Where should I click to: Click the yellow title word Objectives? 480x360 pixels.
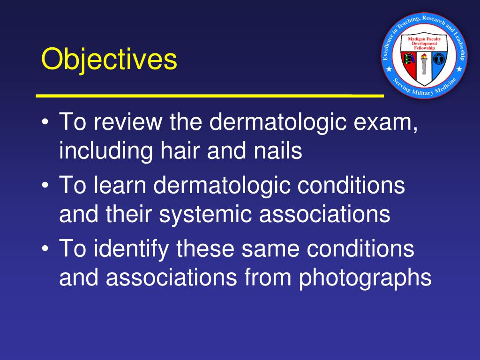(109, 60)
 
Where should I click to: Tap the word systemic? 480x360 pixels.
(206, 214)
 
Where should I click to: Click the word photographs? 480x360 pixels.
(365, 277)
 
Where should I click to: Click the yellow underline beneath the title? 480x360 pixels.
(210, 95)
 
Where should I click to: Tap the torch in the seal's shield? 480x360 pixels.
(424, 64)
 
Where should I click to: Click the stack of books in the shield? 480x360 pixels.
(409, 60)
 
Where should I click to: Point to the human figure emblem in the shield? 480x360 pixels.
(439, 60)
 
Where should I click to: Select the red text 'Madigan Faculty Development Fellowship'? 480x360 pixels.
(424, 43)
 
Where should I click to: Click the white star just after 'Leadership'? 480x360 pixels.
(459, 69)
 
